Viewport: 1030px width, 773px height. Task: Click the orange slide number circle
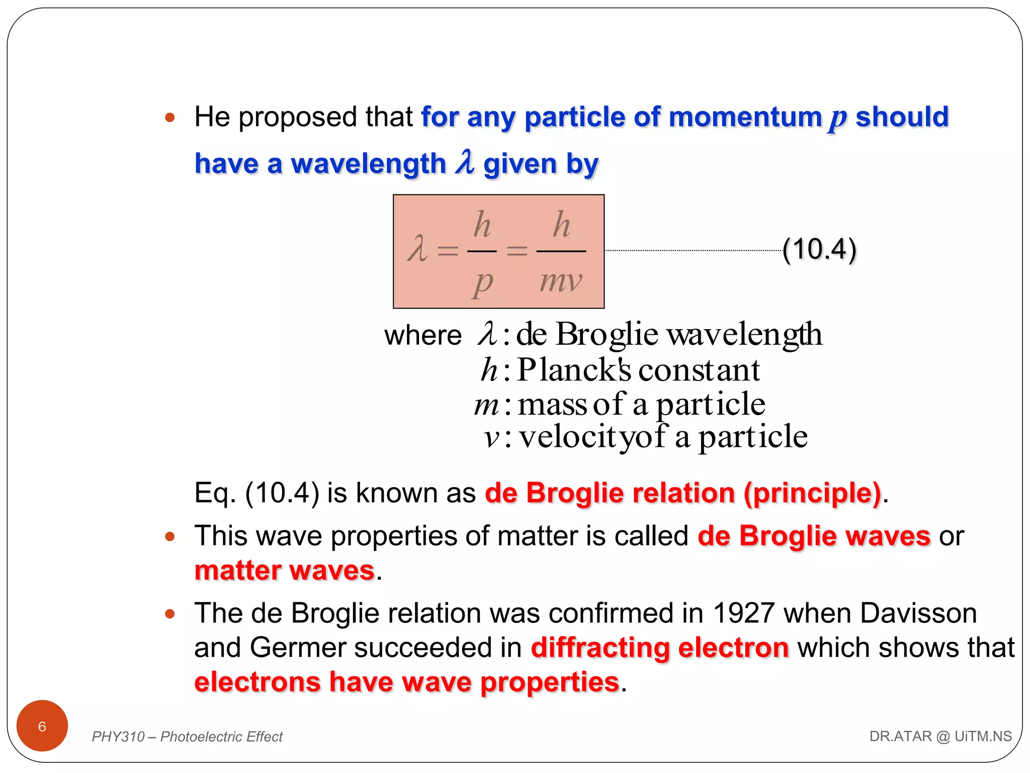pos(42,726)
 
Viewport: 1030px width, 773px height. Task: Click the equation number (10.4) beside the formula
pos(819,250)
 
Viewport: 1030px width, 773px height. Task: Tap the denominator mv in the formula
pos(561,281)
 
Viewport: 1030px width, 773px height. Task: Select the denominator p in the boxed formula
pos(482,283)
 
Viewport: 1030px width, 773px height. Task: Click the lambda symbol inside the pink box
pos(417,249)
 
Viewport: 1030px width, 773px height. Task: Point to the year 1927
pos(743,613)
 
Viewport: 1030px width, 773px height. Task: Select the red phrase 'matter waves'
pos(285,571)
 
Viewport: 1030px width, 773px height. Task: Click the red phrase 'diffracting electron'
pos(660,648)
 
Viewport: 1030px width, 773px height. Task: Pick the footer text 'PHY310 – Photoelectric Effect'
pos(187,737)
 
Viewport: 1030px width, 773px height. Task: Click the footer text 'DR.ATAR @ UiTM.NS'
pos(940,736)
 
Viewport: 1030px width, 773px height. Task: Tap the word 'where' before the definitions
pos(423,336)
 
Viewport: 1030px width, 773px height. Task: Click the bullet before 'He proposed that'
pos(170,118)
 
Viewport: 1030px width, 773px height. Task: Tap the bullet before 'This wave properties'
pos(170,536)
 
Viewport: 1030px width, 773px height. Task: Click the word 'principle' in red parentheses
pos(812,493)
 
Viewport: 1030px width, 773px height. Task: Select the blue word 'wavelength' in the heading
pos(369,164)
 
